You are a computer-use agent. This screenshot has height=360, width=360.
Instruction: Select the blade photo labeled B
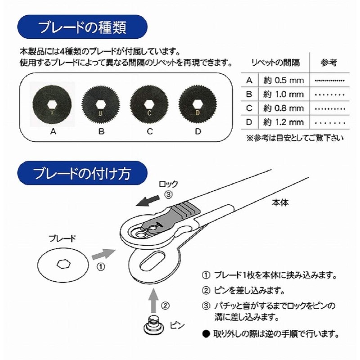[x=101, y=103]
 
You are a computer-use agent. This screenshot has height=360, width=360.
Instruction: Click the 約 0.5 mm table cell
[x=283, y=81]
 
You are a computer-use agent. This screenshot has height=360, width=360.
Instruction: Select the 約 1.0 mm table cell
[x=283, y=95]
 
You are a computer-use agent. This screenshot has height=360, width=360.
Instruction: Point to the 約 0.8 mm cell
[x=283, y=108]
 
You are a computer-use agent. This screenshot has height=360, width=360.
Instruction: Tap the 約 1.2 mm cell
[x=283, y=122]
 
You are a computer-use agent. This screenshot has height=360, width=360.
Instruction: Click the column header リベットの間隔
[x=275, y=62]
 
